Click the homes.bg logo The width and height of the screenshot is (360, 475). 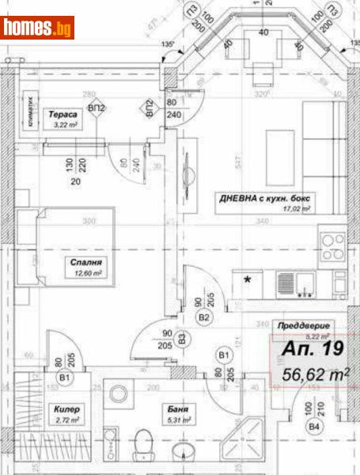pos(37,28)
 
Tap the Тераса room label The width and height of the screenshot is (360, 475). pos(62,114)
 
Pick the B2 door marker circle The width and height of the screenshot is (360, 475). pos(204,317)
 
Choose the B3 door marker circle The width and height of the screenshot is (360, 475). pos(181,339)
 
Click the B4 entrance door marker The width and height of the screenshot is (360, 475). pos(315,428)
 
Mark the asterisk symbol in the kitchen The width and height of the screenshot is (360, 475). pos(249,279)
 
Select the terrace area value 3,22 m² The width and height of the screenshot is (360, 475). pos(62,124)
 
